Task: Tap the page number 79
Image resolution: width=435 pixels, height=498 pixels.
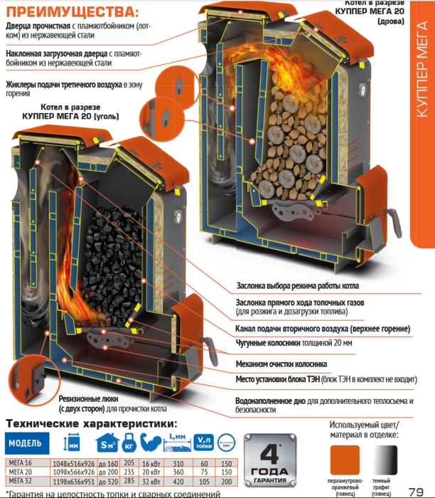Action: tap(417, 491)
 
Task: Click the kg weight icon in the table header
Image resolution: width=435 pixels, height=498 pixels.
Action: tap(129, 444)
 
